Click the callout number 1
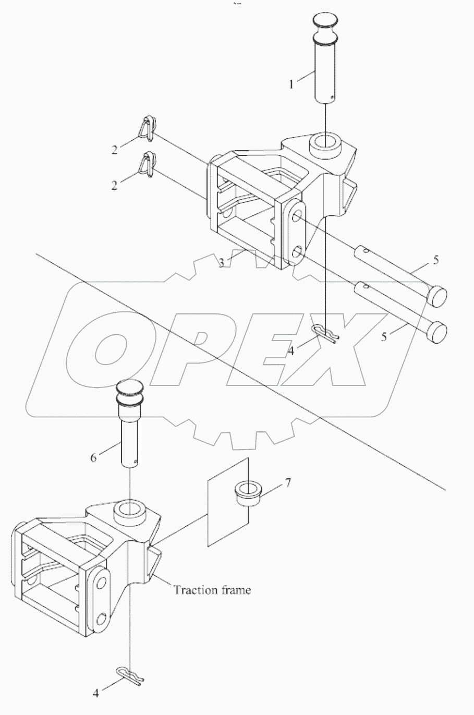click(x=291, y=83)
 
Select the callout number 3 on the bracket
click(x=221, y=263)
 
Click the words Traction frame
click(x=212, y=590)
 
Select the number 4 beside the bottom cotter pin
click(x=95, y=693)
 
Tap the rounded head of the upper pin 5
click(x=437, y=296)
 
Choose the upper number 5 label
click(x=435, y=259)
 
